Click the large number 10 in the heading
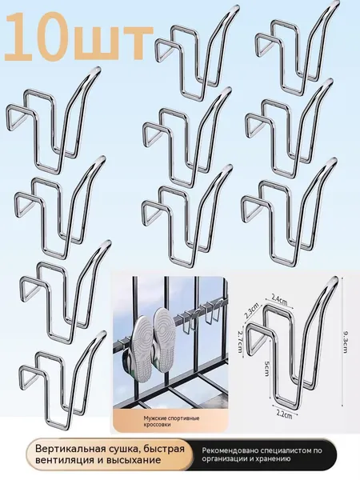[x=40, y=38]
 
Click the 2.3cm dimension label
[x=252, y=310]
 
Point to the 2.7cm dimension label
[x=240, y=339]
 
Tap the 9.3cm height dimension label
[x=346, y=343]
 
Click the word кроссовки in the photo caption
[x=157, y=425]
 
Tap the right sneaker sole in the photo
[x=164, y=340]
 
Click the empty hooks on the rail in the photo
[x=202, y=315]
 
